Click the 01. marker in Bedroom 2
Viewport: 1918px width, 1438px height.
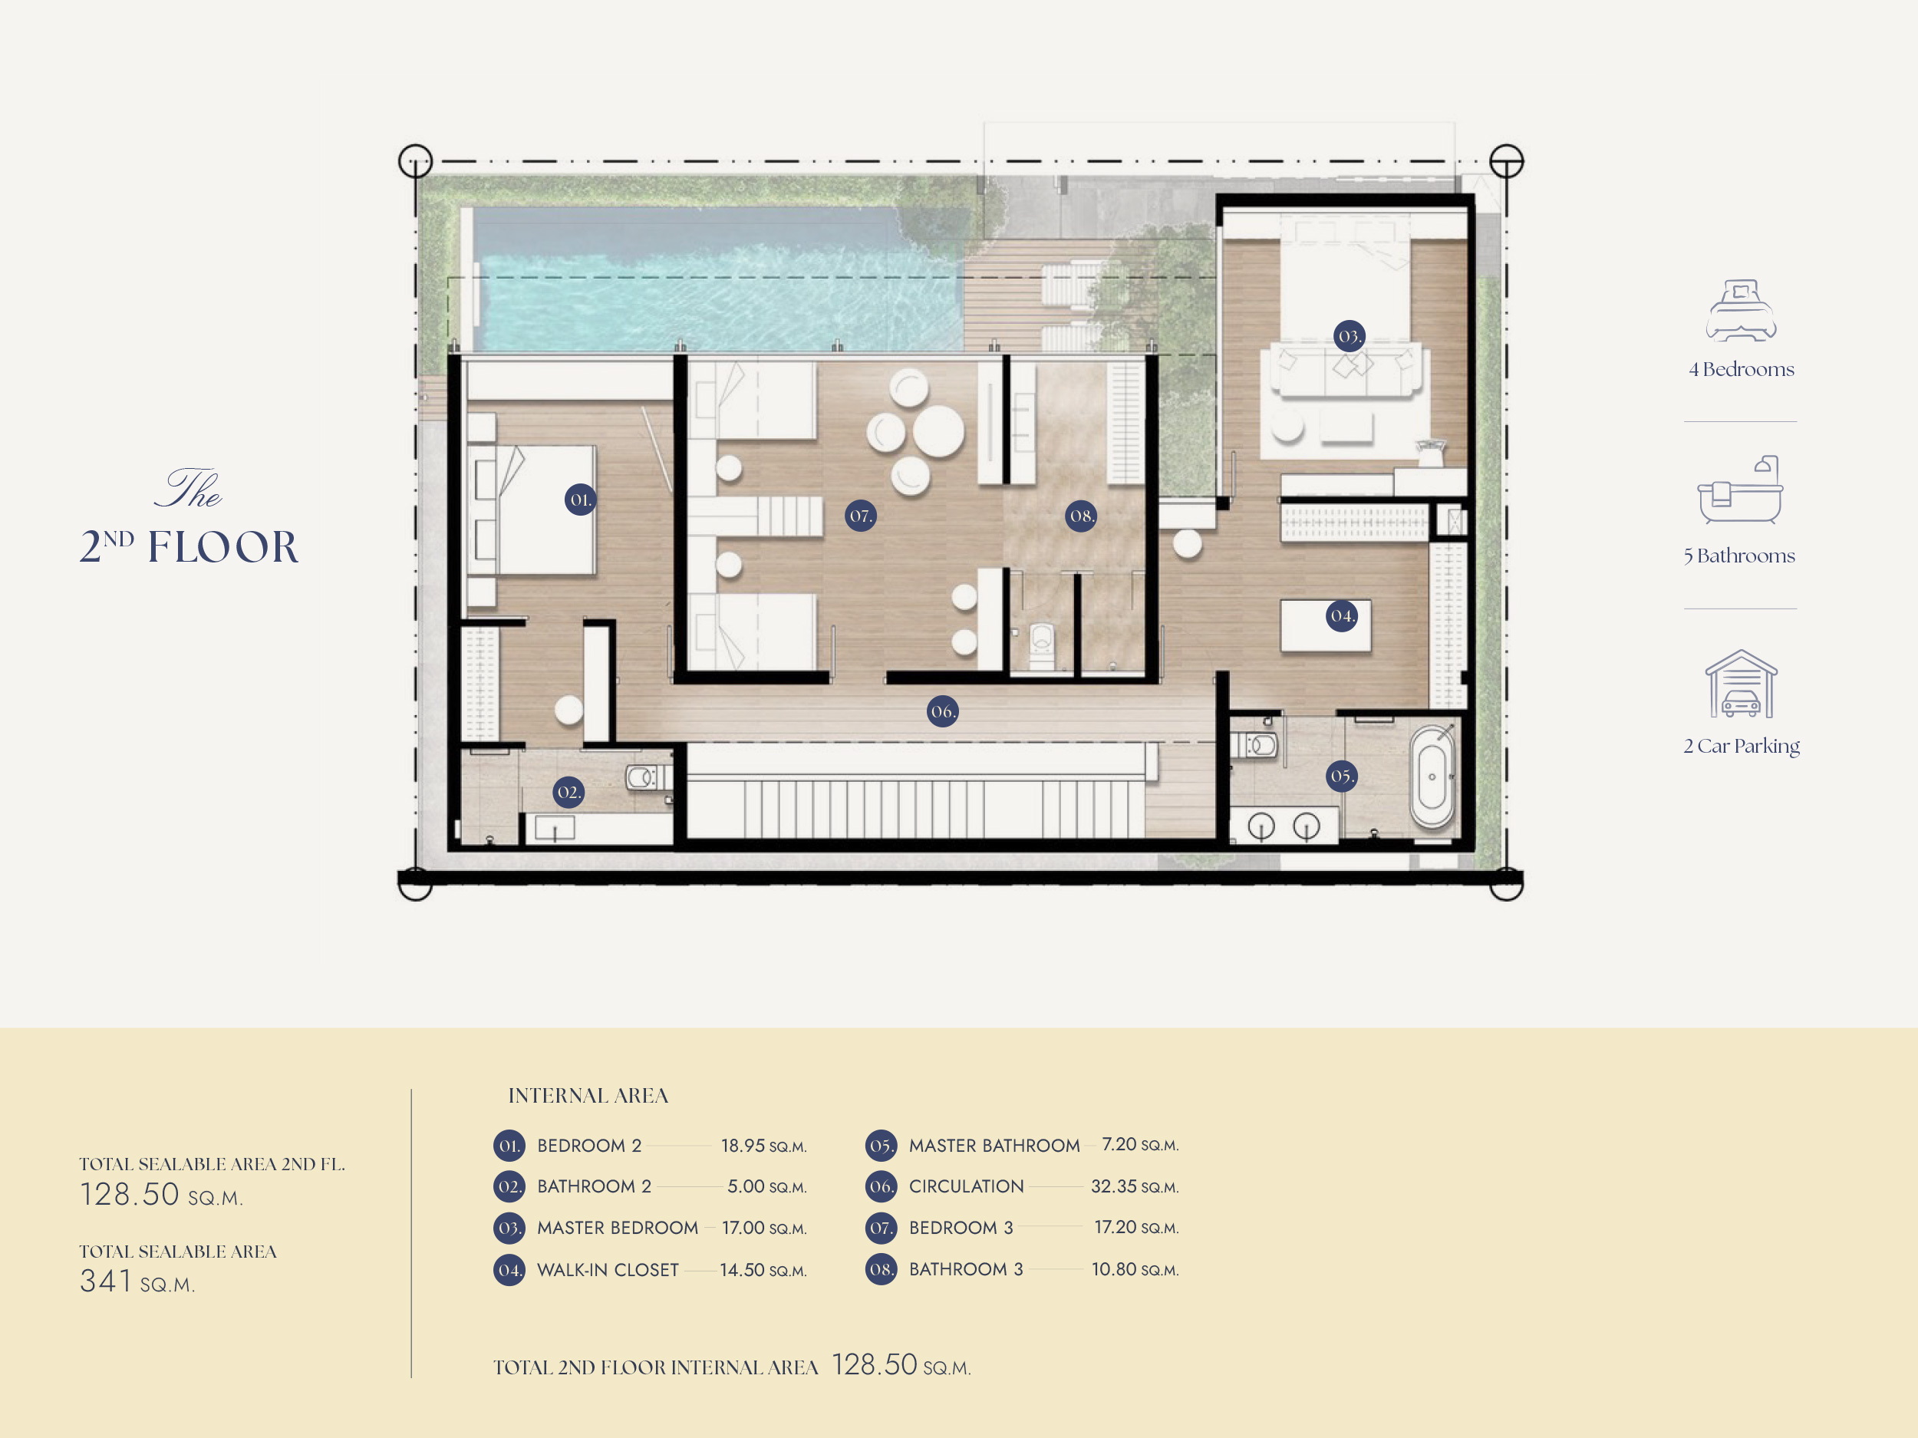click(580, 500)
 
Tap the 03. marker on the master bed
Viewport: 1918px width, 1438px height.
click(1350, 335)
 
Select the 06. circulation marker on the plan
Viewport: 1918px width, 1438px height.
click(943, 711)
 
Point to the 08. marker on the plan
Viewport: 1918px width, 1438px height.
click(1081, 516)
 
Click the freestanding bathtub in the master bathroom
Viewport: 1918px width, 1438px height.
click(1432, 777)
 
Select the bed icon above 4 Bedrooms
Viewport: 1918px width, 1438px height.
click(1741, 310)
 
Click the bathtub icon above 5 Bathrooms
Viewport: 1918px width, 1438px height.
click(1740, 490)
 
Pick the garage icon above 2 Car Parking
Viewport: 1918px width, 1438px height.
click(1741, 684)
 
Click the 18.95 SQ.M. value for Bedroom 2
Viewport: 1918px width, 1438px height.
click(764, 1146)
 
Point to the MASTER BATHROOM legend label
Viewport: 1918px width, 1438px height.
click(994, 1146)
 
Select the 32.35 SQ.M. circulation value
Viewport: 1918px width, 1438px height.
click(1135, 1186)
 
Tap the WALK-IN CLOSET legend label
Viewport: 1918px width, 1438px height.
click(608, 1270)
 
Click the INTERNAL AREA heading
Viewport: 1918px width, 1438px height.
click(588, 1096)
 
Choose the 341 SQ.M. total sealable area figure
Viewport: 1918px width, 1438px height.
click(137, 1281)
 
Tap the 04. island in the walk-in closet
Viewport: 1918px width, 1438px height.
click(1326, 625)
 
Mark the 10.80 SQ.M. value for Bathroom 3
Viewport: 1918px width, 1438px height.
click(1135, 1269)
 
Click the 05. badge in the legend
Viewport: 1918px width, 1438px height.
click(881, 1146)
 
